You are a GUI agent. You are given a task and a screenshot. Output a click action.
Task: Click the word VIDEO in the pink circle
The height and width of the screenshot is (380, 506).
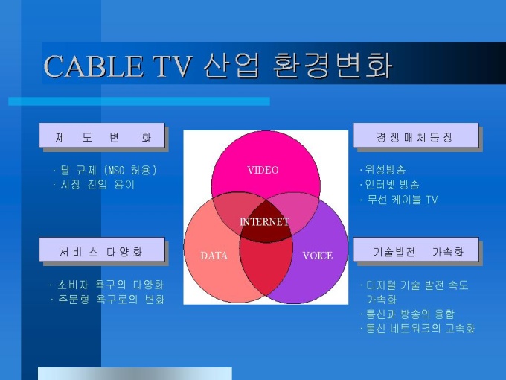point(263,170)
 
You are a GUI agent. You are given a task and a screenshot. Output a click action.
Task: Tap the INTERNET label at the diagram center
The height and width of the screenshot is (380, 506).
point(264,222)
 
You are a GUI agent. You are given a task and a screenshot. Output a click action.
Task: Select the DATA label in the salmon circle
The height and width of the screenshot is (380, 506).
point(214,256)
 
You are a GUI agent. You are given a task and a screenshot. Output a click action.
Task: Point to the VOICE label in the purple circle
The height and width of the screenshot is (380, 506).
point(318,256)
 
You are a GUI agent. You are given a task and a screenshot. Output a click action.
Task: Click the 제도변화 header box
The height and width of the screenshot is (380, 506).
point(102,136)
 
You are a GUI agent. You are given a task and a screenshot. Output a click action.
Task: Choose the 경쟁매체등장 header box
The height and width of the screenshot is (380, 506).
point(416,136)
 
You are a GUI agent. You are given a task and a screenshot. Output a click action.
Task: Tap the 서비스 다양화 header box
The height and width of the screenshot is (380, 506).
point(102,250)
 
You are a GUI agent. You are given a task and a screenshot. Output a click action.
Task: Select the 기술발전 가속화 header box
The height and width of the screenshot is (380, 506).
point(416,250)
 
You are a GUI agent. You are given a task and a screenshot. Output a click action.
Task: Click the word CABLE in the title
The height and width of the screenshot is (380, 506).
point(93,66)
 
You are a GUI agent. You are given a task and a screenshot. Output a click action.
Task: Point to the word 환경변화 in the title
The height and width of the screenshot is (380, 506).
point(333,66)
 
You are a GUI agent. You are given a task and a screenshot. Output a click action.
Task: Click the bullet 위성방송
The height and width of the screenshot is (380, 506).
point(382,170)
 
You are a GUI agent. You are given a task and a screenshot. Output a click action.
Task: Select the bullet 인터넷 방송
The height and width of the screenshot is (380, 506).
point(389,185)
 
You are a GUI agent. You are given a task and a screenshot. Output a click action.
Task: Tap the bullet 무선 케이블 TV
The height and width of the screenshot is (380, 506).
point(399,200)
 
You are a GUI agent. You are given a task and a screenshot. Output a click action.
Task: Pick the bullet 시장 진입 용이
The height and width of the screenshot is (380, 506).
point(94,185)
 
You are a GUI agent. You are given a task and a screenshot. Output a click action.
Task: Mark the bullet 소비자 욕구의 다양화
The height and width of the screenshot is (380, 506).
point(107,285)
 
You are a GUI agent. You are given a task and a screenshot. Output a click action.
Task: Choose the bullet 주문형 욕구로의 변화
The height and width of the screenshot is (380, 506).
point(107,300)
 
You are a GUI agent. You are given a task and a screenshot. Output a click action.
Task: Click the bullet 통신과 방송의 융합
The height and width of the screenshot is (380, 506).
point(407,314)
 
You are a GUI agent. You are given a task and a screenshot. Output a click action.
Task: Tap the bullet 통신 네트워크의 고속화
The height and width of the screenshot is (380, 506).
point(417,329)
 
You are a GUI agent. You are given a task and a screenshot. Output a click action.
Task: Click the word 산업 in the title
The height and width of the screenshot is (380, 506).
point(231,66)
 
